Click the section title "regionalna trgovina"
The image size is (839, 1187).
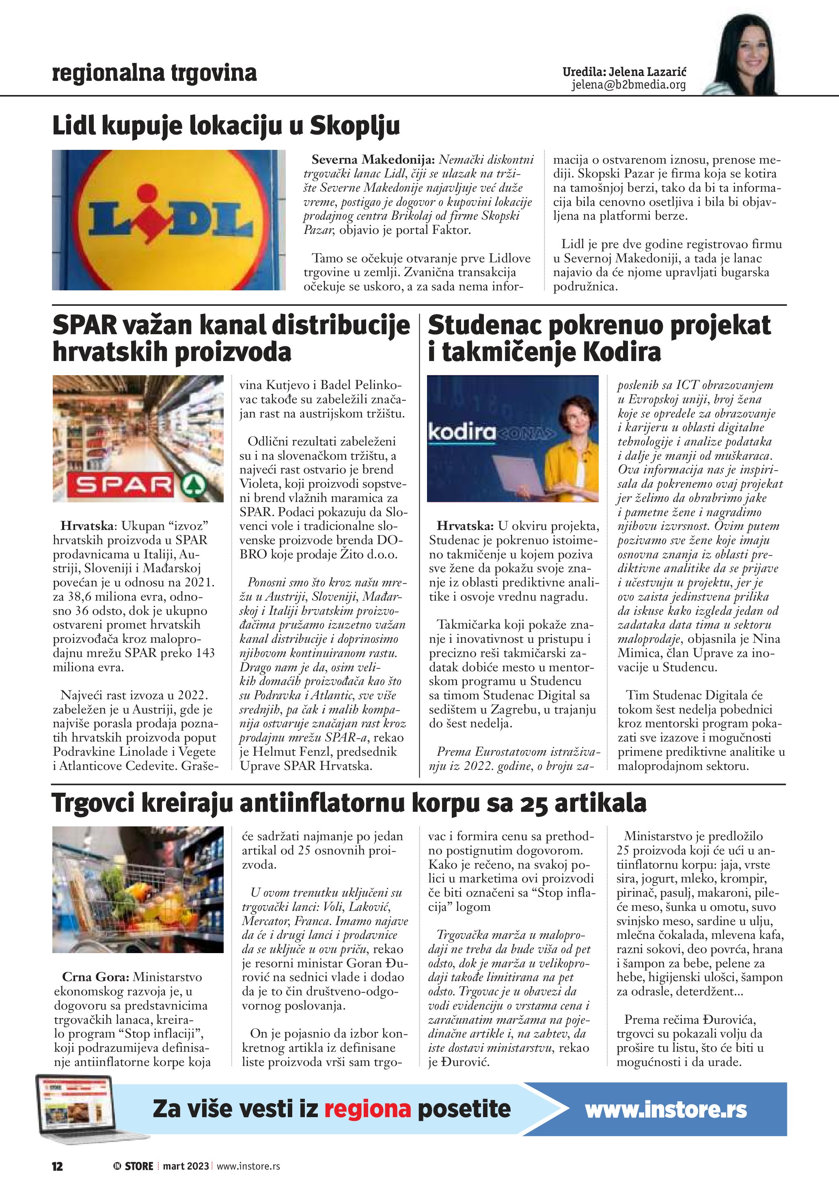[154, 74]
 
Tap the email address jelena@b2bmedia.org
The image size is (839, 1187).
[628, 85]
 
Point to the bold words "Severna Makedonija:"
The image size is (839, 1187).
[373, 160]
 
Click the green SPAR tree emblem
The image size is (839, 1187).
[194, 484]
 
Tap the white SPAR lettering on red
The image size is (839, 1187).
[124, 485]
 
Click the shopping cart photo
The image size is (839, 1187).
[138, 889]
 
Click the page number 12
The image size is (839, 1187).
[57, 1166]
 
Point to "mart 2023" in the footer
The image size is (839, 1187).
[186, 1166]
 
